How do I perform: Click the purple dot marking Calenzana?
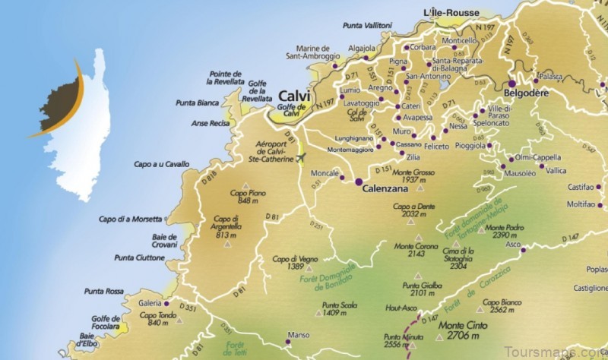pos(358,182)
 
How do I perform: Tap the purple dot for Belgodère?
pos(513,84)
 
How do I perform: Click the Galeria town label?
pos(150,302)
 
